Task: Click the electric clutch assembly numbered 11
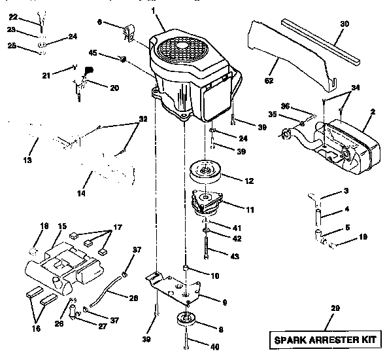pyautogui.click(x=209, y=204)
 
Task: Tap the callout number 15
pyautogui.click(x=62, y=226)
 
